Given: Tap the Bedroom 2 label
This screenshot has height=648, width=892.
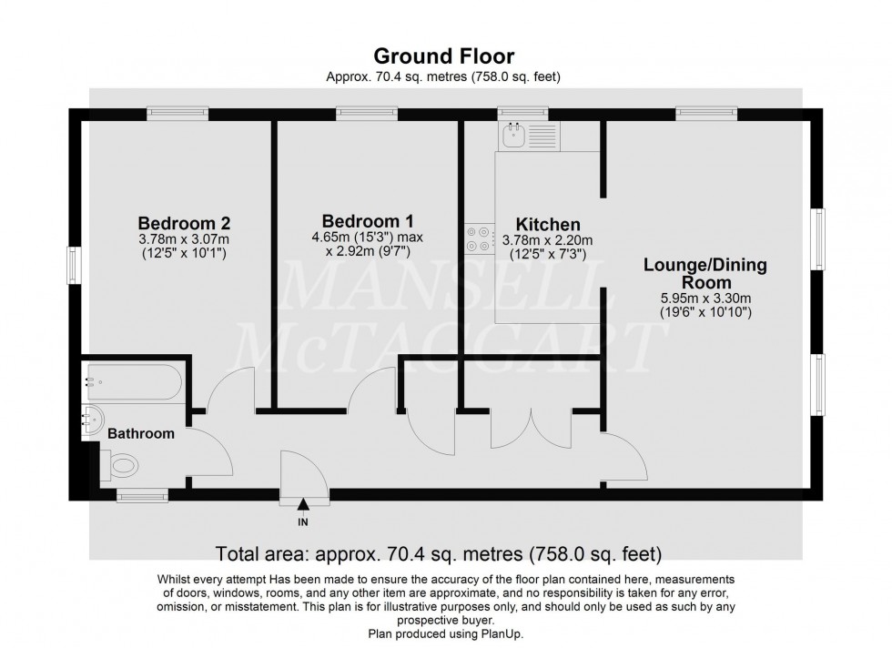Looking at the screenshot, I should pos(184,223).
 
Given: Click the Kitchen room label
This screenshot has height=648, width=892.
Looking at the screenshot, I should pos(548,225).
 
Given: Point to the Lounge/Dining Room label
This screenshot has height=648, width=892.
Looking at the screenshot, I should pos(705,274).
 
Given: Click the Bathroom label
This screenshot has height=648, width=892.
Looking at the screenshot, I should pos(141,434).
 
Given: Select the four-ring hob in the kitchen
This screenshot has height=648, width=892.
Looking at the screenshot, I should pos(478,238).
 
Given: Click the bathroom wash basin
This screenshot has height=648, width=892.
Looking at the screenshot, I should pos(94,420).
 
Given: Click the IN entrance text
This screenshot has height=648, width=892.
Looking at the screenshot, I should pos(302,522).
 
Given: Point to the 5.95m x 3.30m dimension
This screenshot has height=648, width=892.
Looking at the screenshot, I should pos(705,298).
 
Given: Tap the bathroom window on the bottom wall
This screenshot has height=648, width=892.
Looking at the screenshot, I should pos(142,496).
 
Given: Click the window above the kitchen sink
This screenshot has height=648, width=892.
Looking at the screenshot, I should pos(522,114).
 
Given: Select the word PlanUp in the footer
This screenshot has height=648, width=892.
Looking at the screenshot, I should pos(500,633).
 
